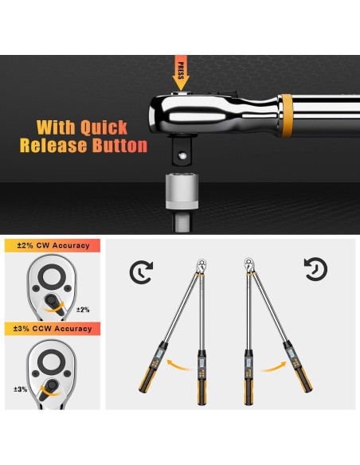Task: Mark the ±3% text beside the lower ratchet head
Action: pyautogui.click(x=20, y=389)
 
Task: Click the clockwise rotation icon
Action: pyautogui.click(x=141, y=272)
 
